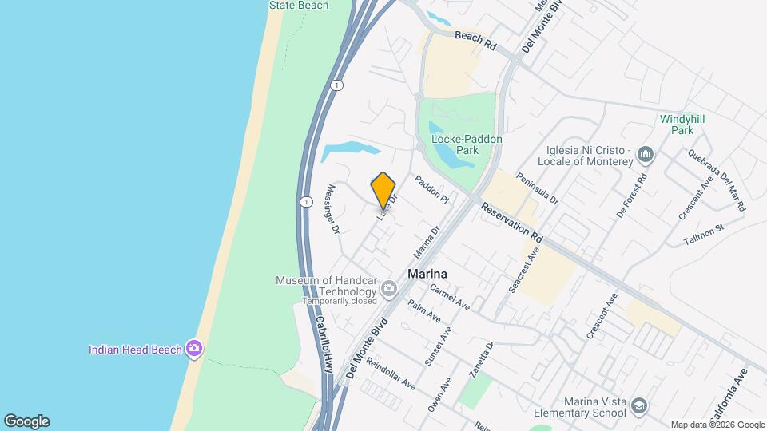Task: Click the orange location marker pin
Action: pos(383,190)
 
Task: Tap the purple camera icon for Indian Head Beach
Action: pos(193,349)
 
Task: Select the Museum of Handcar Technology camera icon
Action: pos(389,289)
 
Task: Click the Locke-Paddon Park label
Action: pos(467,144)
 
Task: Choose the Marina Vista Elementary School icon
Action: pos(638,407)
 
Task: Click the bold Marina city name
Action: pos(427,274)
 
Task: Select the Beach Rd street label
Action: pos(475,42)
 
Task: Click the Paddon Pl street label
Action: pos(432,189)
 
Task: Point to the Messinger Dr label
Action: pos(334,208)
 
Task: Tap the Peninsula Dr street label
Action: pos(536,190)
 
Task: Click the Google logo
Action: pos(26,421)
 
